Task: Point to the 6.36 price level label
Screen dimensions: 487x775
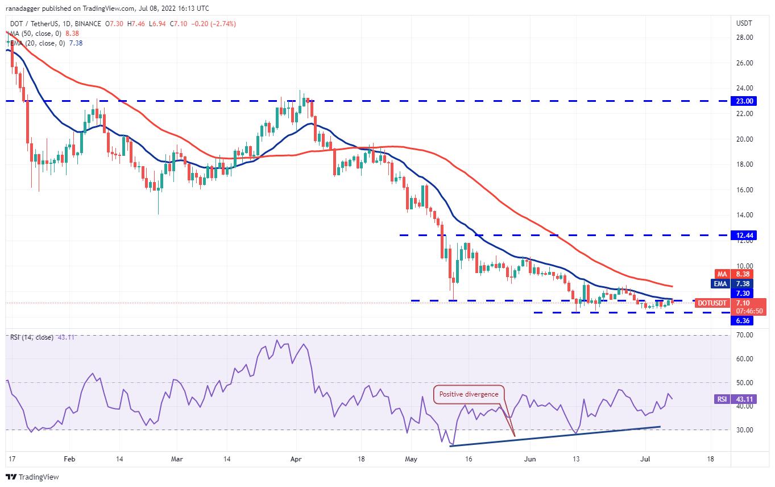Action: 745,320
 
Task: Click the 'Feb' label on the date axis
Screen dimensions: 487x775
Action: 69,458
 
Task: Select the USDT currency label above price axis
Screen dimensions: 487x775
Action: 744,23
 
